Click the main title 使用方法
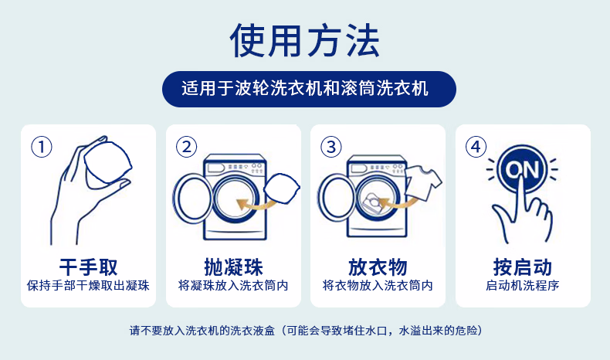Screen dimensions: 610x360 tap(304, 40)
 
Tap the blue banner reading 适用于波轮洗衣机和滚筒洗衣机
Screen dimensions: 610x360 tap(309, 89)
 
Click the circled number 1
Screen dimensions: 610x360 tap(42, 147)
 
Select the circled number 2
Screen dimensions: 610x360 tap(186, 147)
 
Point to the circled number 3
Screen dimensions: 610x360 tap(331, 147)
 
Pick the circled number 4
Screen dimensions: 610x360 tap(476, 147)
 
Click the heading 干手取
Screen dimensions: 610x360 tap(88, 267)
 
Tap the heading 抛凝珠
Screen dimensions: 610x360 tap(233, 267)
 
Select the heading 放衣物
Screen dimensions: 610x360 tap(378, 267)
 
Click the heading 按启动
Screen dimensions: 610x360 tap(523, 267)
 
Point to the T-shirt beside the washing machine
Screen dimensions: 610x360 tap(423, 182)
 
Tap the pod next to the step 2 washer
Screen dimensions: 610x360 tap(282, 188)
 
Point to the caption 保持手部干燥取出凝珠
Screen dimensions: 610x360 tap(88, 286)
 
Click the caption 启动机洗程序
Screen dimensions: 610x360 tap(523, 286)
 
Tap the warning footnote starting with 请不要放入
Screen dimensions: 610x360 tap(306, 331)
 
